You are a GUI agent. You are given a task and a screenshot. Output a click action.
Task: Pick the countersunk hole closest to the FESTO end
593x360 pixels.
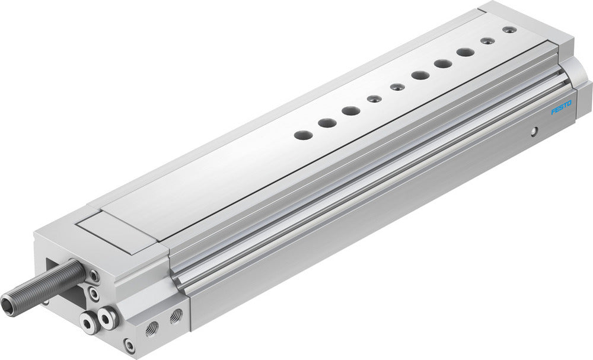[x=507, y=29]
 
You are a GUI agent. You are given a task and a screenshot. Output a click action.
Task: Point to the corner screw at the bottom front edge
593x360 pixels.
[x=129, y=343]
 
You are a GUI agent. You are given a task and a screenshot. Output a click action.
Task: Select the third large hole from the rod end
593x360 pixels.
[x=350, y=110]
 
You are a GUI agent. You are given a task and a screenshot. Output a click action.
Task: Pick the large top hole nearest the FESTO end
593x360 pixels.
[x=464, y=52]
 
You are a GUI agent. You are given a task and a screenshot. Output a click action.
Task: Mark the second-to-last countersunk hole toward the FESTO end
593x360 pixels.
[x=487, y=41]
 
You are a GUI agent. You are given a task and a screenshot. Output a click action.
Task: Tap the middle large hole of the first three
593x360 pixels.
[x=326, y=123]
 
